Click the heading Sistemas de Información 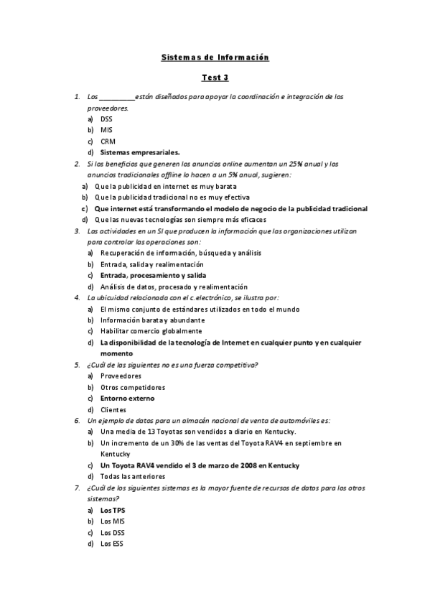(x=215, y=57)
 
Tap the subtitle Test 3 (x=215, y=78)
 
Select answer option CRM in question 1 (x=108, y=141)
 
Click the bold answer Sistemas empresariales (x=140, y=152)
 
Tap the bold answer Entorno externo (x=127, y=398)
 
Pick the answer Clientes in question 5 (x=113, y=409)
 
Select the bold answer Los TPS (x=113, y=510)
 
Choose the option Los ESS (x=112, y=544)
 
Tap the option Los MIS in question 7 (x=113, y=521)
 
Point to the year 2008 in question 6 (x=249, y=465)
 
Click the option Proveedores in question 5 (x=121, y=376)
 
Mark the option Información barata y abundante (x=152, y=320)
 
